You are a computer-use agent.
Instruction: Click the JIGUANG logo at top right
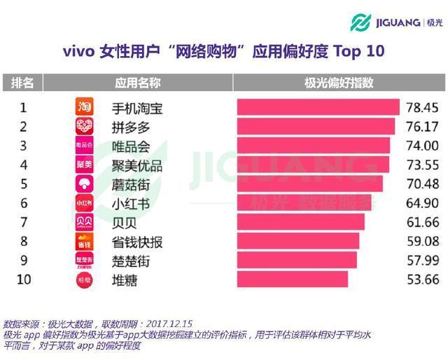coord(396,22)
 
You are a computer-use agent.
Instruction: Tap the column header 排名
coord(22,83)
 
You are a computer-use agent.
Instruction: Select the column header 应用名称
coord(137,83)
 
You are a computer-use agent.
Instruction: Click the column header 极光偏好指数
coord(339,83)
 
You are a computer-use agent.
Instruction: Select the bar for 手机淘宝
coord(318,108)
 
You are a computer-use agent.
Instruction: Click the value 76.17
coord(420,127)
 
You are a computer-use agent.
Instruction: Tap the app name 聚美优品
coord(137,165)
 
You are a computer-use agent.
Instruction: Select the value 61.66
coord(420,223)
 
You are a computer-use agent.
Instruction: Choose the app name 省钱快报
coord(137,242)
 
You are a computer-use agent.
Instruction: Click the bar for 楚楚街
coord(297,261)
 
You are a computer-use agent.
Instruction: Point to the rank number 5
coord(23,184)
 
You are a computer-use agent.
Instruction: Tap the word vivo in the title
coord(80,52)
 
